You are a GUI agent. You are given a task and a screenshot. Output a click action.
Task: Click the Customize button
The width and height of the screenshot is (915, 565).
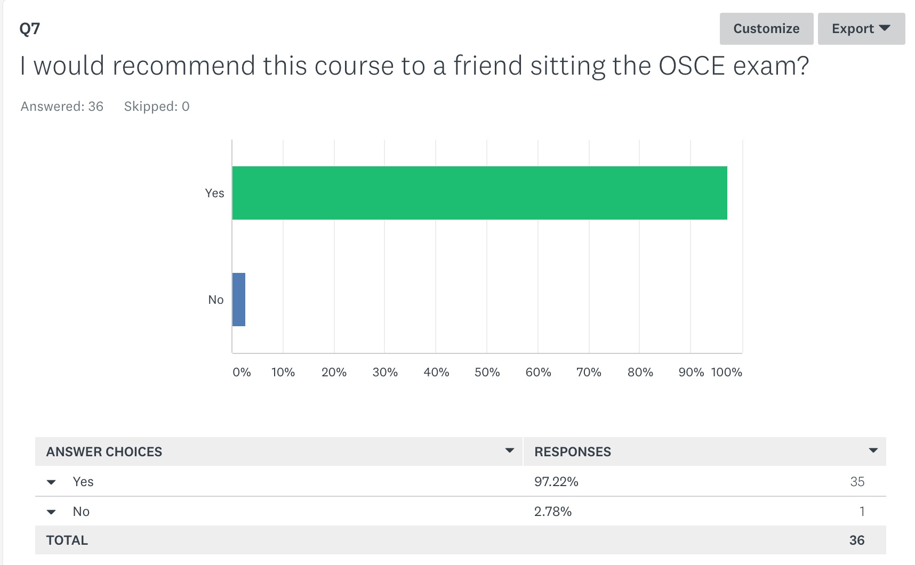click(x=766, y=29)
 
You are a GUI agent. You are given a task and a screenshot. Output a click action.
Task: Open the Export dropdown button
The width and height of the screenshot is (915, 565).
click(x=861, y=29)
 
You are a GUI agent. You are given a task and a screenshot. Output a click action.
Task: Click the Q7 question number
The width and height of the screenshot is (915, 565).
click(x=30, y=28)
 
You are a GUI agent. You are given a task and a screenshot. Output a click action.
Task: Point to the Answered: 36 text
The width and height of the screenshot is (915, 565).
click(x=62, y=107)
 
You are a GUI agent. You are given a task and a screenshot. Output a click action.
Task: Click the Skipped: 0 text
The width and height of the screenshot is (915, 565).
click(x=157, y=107)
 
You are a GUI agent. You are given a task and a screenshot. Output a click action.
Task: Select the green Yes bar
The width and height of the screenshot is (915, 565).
click(x=479, y=193)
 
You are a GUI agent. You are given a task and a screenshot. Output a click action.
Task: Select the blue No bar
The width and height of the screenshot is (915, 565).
click(x=239, y=300)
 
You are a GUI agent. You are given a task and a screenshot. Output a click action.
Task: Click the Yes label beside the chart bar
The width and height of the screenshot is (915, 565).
click(x=214, y=193)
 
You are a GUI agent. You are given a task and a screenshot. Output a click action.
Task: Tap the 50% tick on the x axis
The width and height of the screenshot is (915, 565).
click(x=487, y=372)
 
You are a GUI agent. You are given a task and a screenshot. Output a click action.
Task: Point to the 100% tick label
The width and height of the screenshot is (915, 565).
click(x=726, y=372)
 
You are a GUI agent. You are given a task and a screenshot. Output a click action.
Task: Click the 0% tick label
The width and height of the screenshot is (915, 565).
click(x=242, y=372)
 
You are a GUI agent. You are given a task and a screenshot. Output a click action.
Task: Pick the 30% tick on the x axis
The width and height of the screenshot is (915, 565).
click(x=385, y=372)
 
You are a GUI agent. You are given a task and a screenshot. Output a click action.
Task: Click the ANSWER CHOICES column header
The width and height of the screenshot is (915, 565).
click(x=104, y=451)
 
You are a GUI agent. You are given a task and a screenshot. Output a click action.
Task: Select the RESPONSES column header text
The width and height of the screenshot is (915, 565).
click(x=573, y=451)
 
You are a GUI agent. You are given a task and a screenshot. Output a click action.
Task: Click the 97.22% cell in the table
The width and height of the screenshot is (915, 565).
click(x=556, y=481)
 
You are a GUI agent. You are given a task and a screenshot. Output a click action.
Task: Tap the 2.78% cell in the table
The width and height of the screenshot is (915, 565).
click(x=553, y=511)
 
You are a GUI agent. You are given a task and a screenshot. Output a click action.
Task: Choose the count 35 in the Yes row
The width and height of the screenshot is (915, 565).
click(x=857, y=481)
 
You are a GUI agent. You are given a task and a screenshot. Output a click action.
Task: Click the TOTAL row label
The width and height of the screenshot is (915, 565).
click(x=67, y=540)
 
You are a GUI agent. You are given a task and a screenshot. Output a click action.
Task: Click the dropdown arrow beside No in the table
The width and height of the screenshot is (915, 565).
click(x=51, y=512)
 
